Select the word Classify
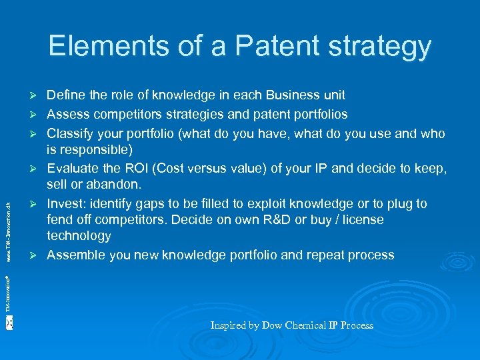click(71, 133)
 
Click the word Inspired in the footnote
click(229, 325)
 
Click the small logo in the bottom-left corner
click(9, 323)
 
